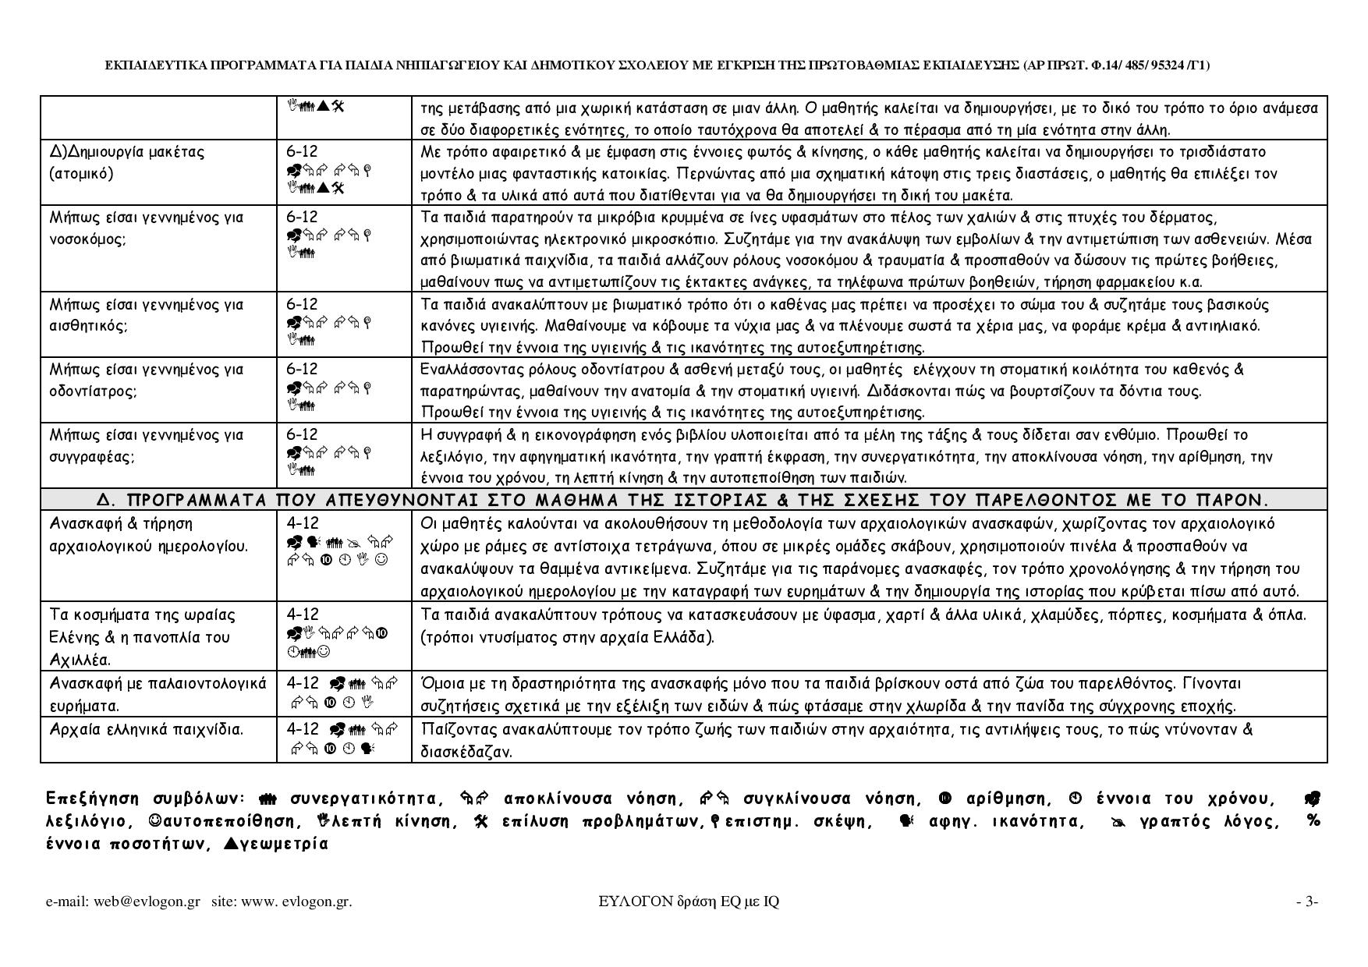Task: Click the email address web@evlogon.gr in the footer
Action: (147, 902)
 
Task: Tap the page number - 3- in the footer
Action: (1307, 902)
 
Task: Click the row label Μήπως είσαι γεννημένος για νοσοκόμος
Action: (147, 228)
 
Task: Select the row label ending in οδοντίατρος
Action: (147, 380)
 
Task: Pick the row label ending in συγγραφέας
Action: (147, 445)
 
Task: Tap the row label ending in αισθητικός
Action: (147, 315)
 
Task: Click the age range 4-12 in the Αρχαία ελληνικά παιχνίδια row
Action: (303, 729)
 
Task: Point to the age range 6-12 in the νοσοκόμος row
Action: (302, 217)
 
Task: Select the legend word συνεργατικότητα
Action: (363, 799)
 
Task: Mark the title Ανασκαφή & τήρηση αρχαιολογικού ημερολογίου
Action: (148, 534)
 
